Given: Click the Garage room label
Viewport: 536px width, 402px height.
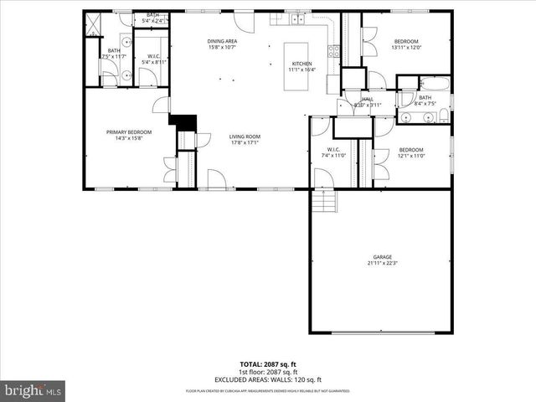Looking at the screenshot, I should (x=380, y=260).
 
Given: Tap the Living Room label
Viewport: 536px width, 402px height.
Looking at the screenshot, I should (x=245, y=139).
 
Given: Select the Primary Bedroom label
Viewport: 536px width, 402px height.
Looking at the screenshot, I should (x=129, y=135).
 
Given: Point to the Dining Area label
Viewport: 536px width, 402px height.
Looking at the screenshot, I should (x=223, y=44).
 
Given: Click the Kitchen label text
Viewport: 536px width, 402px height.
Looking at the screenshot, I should (x=301, y=67).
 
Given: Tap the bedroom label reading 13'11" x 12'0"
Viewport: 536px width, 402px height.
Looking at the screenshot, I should (x=407, y=44).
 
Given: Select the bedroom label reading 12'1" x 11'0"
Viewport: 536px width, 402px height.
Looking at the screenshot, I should (x=411, y=152).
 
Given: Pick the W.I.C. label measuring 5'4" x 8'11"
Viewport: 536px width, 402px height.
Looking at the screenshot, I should (x=151, y=59).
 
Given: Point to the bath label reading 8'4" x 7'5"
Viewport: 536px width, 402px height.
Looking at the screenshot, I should (x=425, y=100).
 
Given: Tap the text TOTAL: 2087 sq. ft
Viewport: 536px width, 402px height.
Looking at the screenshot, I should (x=268, y=365).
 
